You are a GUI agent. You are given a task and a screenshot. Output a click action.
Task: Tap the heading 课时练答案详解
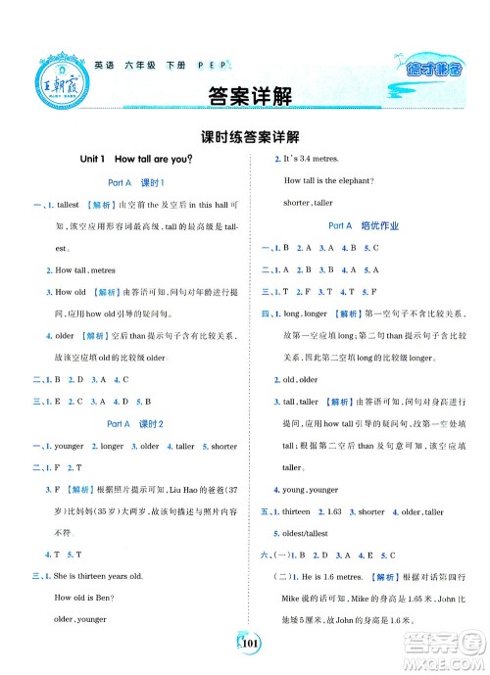pos(244,137)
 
